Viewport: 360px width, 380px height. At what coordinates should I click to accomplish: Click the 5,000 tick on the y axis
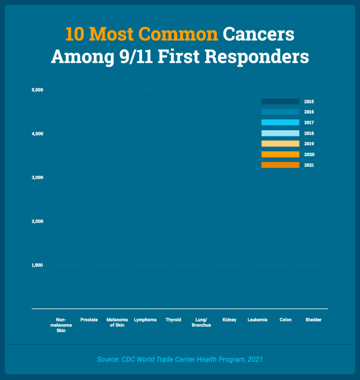[36, 90]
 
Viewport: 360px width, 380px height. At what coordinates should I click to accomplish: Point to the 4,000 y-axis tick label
[36, 133]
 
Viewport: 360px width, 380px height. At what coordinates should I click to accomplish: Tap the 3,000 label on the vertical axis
[36, 177]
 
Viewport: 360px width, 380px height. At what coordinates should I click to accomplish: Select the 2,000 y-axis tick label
[36, 221]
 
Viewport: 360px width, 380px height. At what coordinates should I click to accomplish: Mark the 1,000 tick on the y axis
[36, 265]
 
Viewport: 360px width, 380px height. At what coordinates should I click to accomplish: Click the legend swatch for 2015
[280, 101]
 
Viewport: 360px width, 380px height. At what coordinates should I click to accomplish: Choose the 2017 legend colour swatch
[280, 123]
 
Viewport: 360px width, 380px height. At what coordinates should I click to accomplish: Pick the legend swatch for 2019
[280, 144]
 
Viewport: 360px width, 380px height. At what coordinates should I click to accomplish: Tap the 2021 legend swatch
[280, 165]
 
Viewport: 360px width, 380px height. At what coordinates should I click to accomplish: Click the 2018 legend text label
[309, 133]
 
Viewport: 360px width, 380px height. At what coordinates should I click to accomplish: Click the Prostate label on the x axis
[89, 320]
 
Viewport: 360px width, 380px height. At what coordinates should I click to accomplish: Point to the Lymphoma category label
[145, 320]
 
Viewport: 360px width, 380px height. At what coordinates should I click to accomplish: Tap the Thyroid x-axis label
[174, 320]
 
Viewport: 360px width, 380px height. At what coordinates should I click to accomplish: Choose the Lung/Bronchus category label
[201, 323]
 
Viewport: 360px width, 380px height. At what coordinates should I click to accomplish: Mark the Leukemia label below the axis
[257, 320]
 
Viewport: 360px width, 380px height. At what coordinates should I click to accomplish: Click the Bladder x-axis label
[313, 320]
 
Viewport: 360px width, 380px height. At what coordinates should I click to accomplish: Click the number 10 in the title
[75, 34]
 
